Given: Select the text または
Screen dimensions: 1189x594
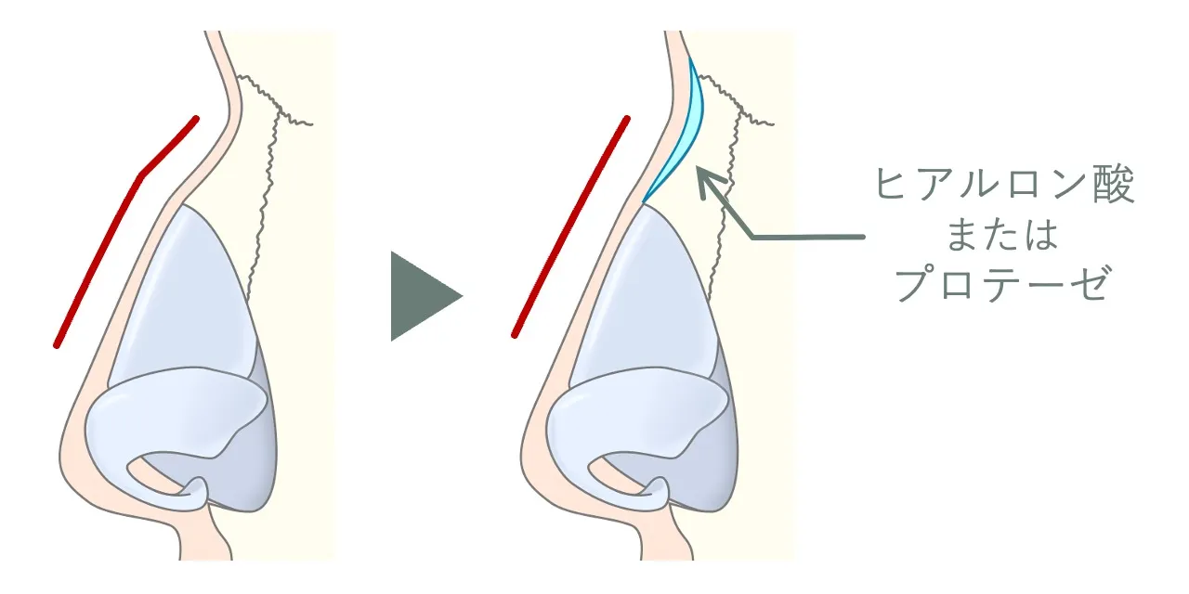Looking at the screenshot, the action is point(1002,235).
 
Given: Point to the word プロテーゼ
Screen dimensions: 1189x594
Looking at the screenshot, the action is point(1002,284).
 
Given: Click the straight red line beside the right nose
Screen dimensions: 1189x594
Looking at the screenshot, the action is point(570,226).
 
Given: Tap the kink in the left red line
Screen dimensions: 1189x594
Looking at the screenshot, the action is point(139,174).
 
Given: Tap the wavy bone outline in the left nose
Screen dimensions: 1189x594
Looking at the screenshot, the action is point(266,175).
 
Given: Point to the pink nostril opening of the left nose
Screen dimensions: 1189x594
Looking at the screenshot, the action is point(154,476).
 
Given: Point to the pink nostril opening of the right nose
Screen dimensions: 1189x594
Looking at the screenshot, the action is point(616,476).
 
